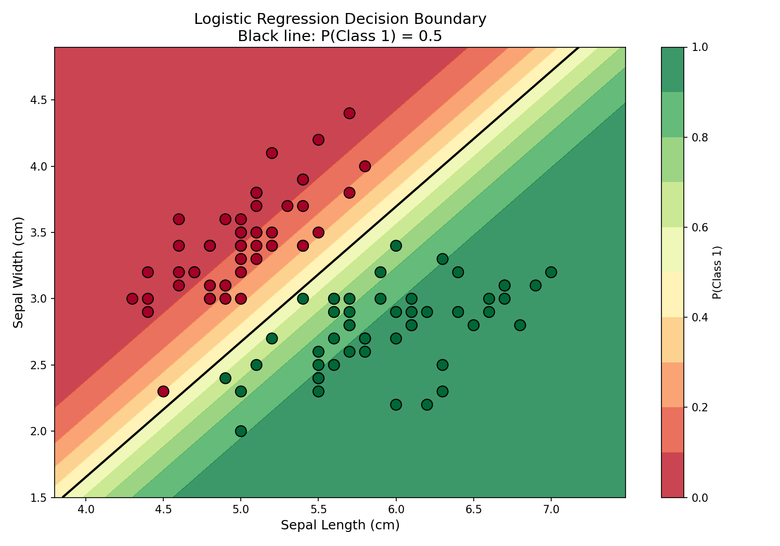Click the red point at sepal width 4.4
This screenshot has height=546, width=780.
coord(349,113)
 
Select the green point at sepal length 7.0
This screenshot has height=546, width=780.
coord(551,272)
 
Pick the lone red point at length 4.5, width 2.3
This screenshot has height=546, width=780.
coord(163,391)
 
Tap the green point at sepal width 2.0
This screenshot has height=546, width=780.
coord(241,431)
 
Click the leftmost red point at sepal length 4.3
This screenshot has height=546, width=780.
coord(132,298)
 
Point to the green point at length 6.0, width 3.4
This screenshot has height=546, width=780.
coord(396,245)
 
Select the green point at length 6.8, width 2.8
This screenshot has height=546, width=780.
coord(520,325)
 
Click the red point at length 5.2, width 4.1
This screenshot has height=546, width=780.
coord(271,153)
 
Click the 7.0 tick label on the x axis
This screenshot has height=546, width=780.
coord(551,509)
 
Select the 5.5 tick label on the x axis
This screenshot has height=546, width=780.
coord(318,509)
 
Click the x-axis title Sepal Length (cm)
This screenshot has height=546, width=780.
coord(340,525)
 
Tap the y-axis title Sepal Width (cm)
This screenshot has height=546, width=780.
coord(19,272)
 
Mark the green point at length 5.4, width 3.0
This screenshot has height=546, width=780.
coord(303,298)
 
